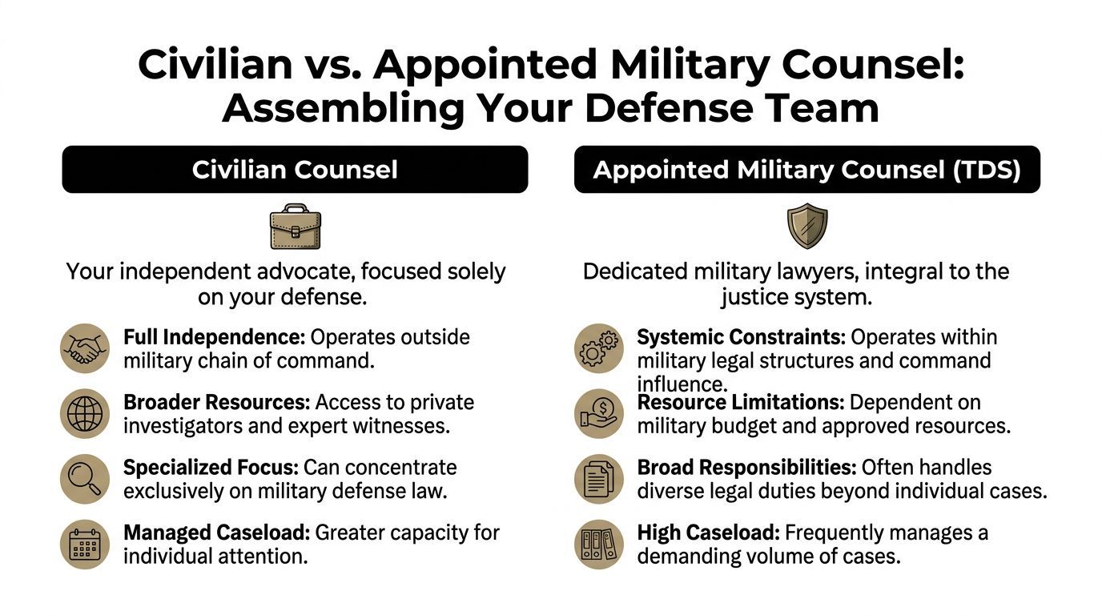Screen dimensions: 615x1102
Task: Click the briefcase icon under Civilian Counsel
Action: [295, 227]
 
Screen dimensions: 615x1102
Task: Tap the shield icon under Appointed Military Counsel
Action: [806, 227]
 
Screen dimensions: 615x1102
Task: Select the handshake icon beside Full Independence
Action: [85, 348]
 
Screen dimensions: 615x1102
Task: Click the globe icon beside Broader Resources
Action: [85, 414]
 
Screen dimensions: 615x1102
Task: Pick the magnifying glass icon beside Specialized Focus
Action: [85, 479]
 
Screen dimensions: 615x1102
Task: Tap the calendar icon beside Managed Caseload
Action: [85, 545]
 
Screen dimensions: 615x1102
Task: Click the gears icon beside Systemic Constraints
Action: [599, 348]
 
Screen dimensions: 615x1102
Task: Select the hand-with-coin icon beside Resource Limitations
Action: [599, 414]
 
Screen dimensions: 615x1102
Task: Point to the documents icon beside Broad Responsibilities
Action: [599, 479]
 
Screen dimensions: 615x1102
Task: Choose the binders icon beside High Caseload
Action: [599, 545]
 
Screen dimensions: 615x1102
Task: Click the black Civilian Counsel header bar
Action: [295, 170]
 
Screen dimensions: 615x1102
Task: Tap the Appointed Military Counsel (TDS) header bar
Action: [806, 170]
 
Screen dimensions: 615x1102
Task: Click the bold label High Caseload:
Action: [708, 533]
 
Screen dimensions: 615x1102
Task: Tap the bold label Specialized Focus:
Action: [211, 467]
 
